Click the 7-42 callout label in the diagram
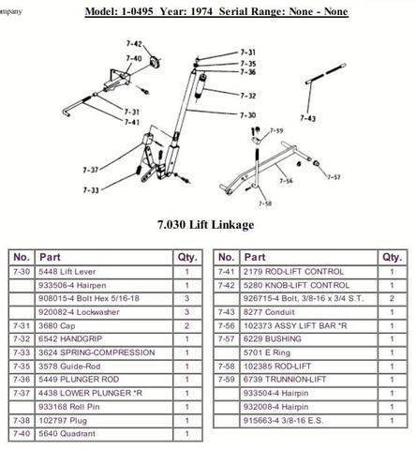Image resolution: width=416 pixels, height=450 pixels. coord(134,44)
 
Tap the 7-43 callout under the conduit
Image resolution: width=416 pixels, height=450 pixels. coord(308,118)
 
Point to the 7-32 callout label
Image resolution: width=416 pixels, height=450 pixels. coord(248,96)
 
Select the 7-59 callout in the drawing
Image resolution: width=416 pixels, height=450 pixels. coord(276,130)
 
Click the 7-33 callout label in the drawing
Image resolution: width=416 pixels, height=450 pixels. coord(91,190)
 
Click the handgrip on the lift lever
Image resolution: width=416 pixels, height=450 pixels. coord(201,86)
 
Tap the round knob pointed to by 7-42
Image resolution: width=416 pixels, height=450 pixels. coord(155,61)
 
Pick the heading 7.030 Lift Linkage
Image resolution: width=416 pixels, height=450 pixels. coord(205,225)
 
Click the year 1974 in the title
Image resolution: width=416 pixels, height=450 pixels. coord(201,11)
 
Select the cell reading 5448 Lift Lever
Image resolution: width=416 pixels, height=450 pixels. coord(104,272)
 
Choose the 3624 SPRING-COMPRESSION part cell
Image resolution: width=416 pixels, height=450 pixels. coord(104,352)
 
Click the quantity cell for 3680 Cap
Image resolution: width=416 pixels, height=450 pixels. coord(187,325)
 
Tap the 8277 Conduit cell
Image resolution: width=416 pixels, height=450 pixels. coord(309,312)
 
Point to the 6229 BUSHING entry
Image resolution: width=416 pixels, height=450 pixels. coord(309,338)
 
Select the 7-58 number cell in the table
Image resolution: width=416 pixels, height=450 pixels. coord(227,366)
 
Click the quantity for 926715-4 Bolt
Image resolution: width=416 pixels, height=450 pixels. coord(392,298)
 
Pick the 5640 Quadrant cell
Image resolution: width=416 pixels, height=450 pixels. coord(104,433)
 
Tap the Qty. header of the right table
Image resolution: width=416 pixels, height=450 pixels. coord(392,257)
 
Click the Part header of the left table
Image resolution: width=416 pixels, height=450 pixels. coord(104,257)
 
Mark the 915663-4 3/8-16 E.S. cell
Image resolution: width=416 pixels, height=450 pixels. coord(309,420)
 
